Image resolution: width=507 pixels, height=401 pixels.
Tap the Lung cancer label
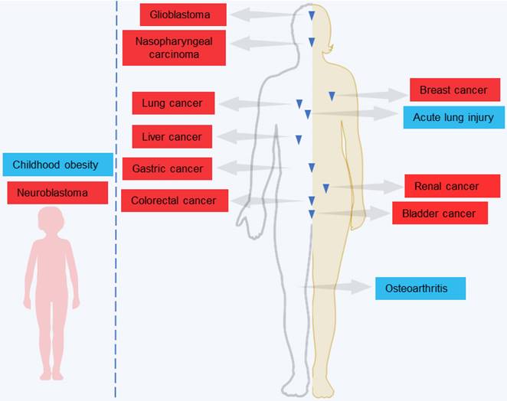coord(172,103)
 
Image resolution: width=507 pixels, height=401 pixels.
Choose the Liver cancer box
coord(172,137)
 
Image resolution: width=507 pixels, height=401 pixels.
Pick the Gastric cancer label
coord(167,168)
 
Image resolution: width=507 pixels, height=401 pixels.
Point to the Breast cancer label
coord(453,90)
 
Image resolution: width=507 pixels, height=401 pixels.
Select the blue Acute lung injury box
coord(454,117)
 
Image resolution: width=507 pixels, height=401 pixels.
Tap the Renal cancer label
coord(446,186)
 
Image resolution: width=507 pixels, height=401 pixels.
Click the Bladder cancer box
coord(440,214)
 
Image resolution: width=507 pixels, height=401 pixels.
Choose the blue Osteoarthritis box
coord(420,289)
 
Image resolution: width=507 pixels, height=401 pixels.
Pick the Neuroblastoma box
coord(58,192)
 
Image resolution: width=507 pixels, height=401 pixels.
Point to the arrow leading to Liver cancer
coord(253,137)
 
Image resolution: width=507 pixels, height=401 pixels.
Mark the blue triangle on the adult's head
coord(311,16)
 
